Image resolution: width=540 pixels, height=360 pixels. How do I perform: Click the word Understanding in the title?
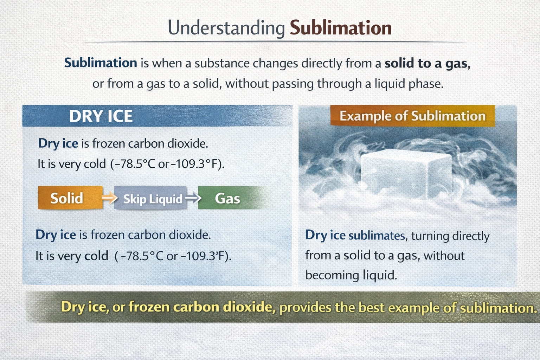coord(226,28)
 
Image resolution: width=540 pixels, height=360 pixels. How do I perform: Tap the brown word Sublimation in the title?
coord(340,28)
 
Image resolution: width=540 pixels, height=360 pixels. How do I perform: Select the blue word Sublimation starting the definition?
coord(101,63)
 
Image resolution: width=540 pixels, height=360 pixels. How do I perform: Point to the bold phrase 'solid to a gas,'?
coord(427,63)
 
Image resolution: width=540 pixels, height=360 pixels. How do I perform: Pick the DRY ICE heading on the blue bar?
coord(101,116)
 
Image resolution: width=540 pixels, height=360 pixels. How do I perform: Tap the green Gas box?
coord(227,199)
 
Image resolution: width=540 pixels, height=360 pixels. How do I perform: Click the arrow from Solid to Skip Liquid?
coord(109,198)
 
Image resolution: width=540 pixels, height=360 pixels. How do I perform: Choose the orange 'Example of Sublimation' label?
coord(412,116)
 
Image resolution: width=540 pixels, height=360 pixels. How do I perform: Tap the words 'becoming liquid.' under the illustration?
coord(351,275)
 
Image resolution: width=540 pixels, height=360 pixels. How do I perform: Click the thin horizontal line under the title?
coord(274,42)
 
